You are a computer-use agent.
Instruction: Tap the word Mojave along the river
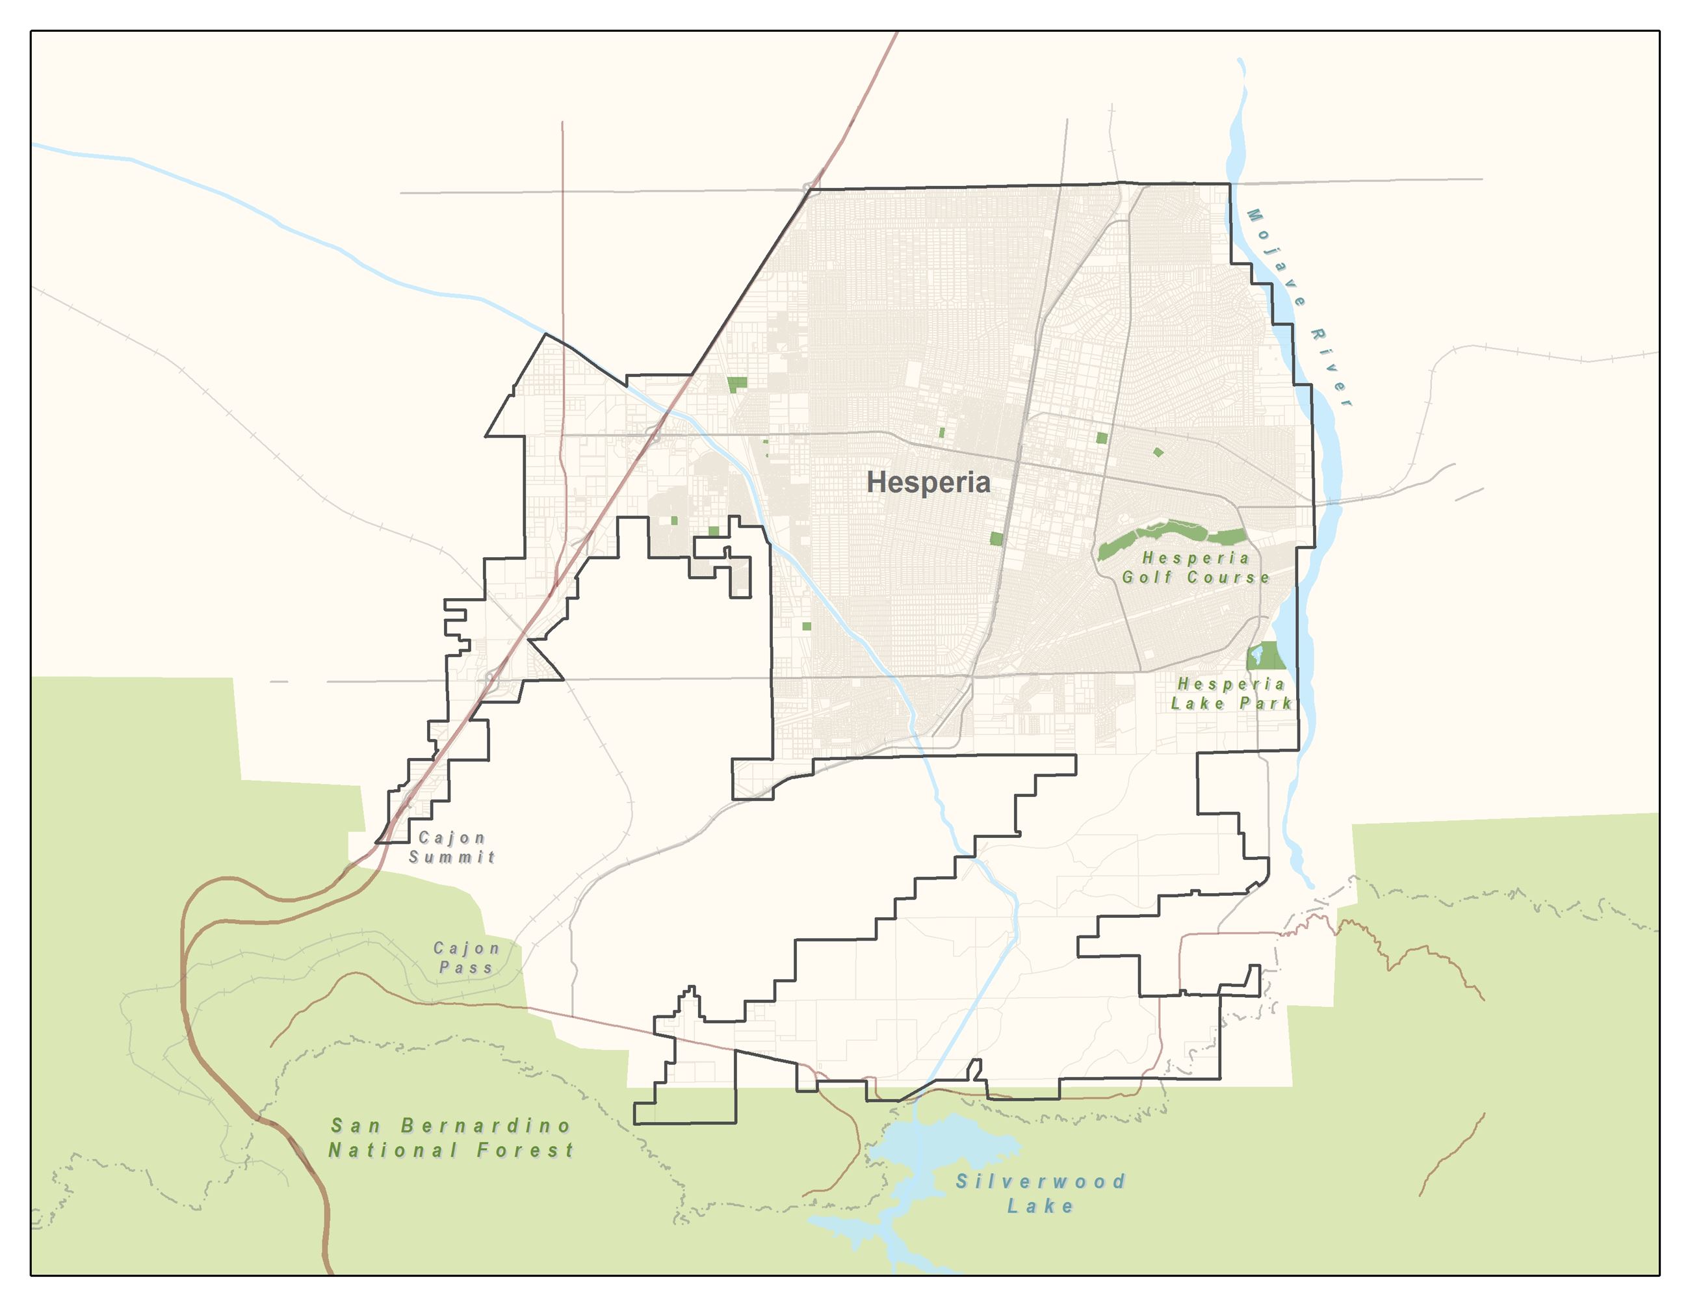1276,257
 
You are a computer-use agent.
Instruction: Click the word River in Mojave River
1331,367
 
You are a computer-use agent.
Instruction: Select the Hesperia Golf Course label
1195,567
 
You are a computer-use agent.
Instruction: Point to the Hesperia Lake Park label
1230,693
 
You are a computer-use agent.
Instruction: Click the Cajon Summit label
452,847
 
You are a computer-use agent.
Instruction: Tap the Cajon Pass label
466,958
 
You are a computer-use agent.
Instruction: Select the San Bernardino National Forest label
451,1138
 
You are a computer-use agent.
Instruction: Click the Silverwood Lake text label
1040,1193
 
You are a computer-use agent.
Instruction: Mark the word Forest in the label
525,1151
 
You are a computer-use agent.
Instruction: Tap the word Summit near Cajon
452,857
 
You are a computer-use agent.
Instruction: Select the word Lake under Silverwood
1040,1206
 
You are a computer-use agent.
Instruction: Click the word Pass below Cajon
466,968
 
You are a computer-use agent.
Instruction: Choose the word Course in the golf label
1228,577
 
